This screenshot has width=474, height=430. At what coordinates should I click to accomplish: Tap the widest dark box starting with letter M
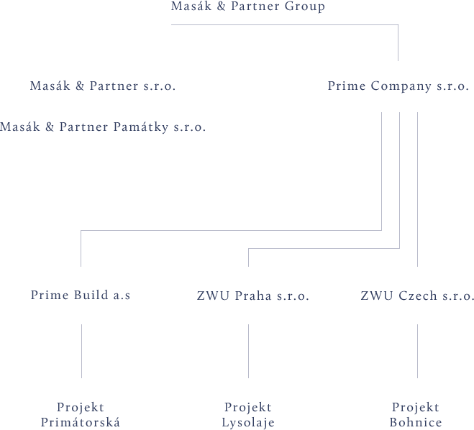click(102, 128)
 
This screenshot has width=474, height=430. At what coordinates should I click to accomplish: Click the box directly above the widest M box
click(101, 86)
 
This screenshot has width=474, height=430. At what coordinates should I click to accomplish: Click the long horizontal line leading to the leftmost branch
click(230, 231)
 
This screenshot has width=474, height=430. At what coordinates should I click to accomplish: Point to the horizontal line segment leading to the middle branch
click(324, 249)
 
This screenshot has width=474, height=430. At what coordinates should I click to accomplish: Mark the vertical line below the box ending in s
click(81, 351)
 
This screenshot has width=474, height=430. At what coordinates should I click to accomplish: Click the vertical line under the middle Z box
click(249, 351)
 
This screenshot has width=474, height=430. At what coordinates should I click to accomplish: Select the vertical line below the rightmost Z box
click(417, 351)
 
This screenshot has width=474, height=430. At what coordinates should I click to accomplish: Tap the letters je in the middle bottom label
click(268, 423)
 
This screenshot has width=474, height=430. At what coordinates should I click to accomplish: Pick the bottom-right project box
click(416, 415)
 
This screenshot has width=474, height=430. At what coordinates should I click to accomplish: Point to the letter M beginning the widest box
click(4, 128)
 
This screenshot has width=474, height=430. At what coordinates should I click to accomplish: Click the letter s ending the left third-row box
click(127, 296)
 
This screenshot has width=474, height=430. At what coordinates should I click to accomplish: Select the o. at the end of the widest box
click(200, 128)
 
